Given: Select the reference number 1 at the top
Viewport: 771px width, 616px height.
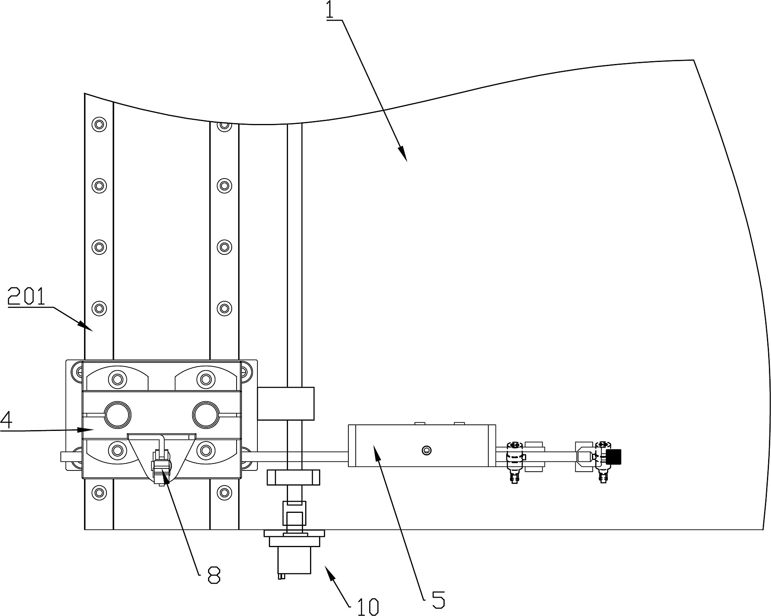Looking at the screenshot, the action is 329,11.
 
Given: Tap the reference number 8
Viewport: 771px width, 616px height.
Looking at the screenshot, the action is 214,576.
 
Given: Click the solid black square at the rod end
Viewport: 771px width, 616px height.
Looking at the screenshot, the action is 614,457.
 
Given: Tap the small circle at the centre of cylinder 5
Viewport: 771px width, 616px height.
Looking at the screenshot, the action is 427,450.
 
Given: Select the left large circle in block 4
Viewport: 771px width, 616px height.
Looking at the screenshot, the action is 118,415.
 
